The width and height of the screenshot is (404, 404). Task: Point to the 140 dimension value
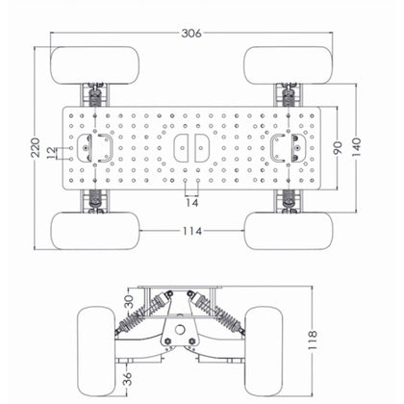[x=357, y=147]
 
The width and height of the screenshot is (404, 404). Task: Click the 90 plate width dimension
[x=337, y=147]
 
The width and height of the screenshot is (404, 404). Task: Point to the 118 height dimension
[x=312, y=338]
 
